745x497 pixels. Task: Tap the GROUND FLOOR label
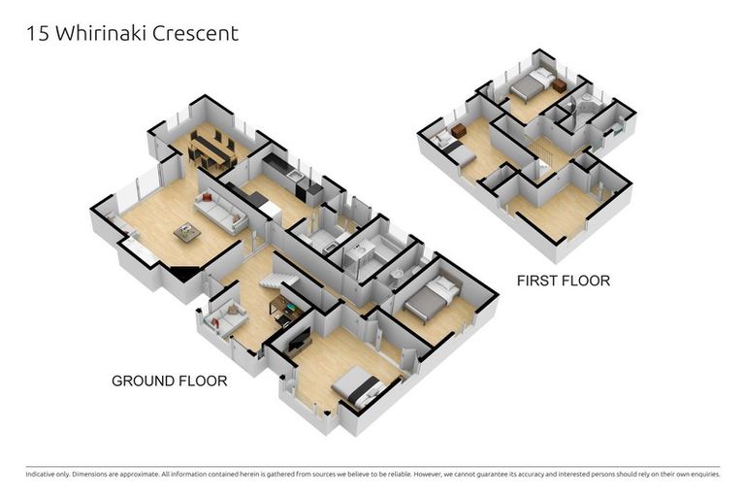(169, 381)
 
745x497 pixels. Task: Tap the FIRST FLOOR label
(563, 281)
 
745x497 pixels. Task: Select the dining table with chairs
(212, 148)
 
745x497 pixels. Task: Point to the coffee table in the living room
(187, 232)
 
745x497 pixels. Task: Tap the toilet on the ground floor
(398, 276)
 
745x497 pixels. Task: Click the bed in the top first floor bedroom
(530, 86)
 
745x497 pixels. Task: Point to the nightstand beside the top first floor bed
(560, 86)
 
